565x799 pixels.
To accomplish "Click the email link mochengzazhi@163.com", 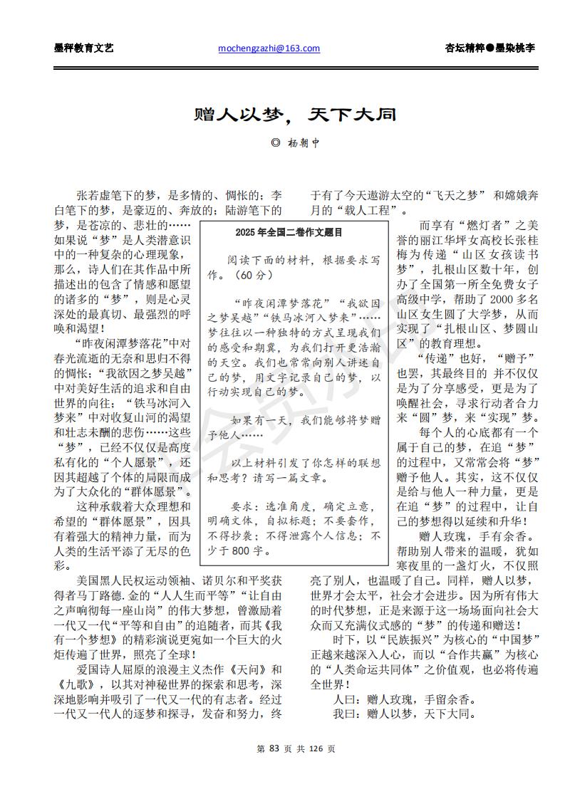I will coord(269,48).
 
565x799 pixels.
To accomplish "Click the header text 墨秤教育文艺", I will coord(83,48).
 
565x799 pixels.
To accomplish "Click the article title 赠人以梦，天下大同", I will coord(295,115).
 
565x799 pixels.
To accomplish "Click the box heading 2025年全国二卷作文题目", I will coord(289,232).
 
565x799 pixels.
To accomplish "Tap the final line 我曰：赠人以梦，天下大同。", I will coord(405,714).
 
